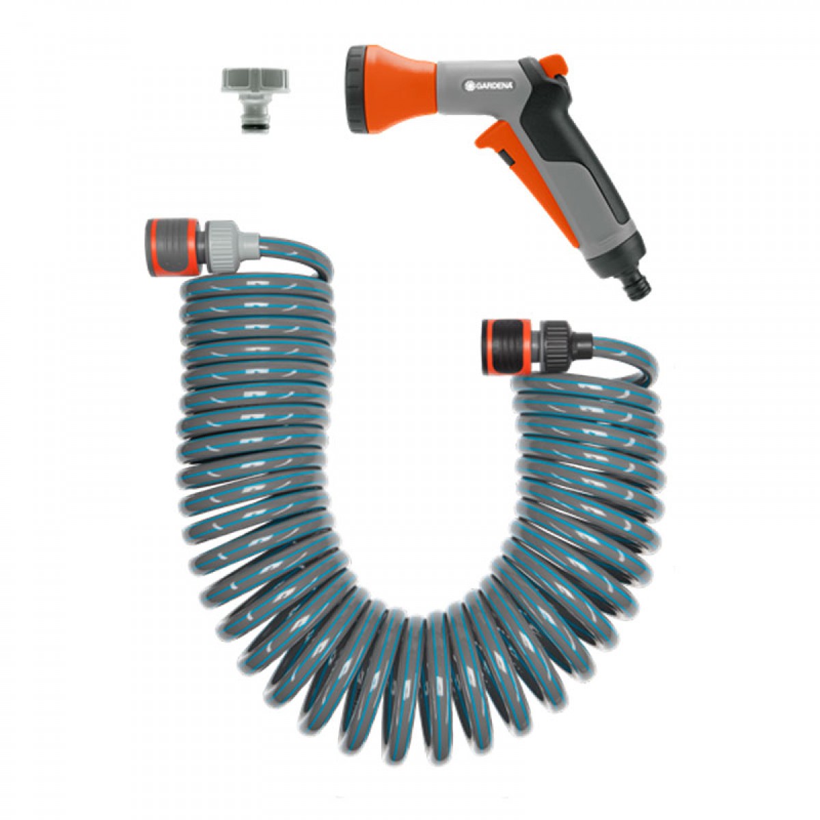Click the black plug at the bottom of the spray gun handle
click(635, 285)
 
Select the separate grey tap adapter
click(255, 100)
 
